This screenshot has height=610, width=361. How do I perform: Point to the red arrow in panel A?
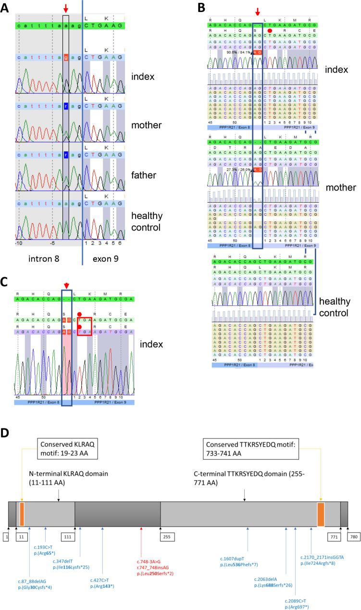[66, 8]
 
